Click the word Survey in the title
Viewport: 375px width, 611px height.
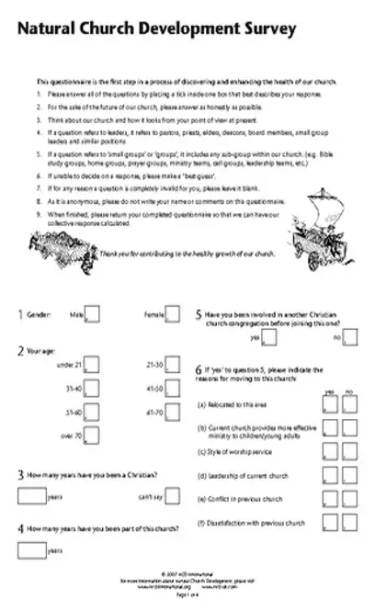click(x=266, y=30)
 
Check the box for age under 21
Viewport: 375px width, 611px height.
click(x=93, y=366)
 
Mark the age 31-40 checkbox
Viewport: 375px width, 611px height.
click(x=93, y=389)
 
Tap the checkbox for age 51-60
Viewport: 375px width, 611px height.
click(x=93, y=413)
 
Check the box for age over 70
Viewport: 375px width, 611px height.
click(x=93, y=436)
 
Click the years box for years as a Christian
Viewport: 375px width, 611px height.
click(x=30, y=496)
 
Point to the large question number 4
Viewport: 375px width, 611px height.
click(x=20, y=530)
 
